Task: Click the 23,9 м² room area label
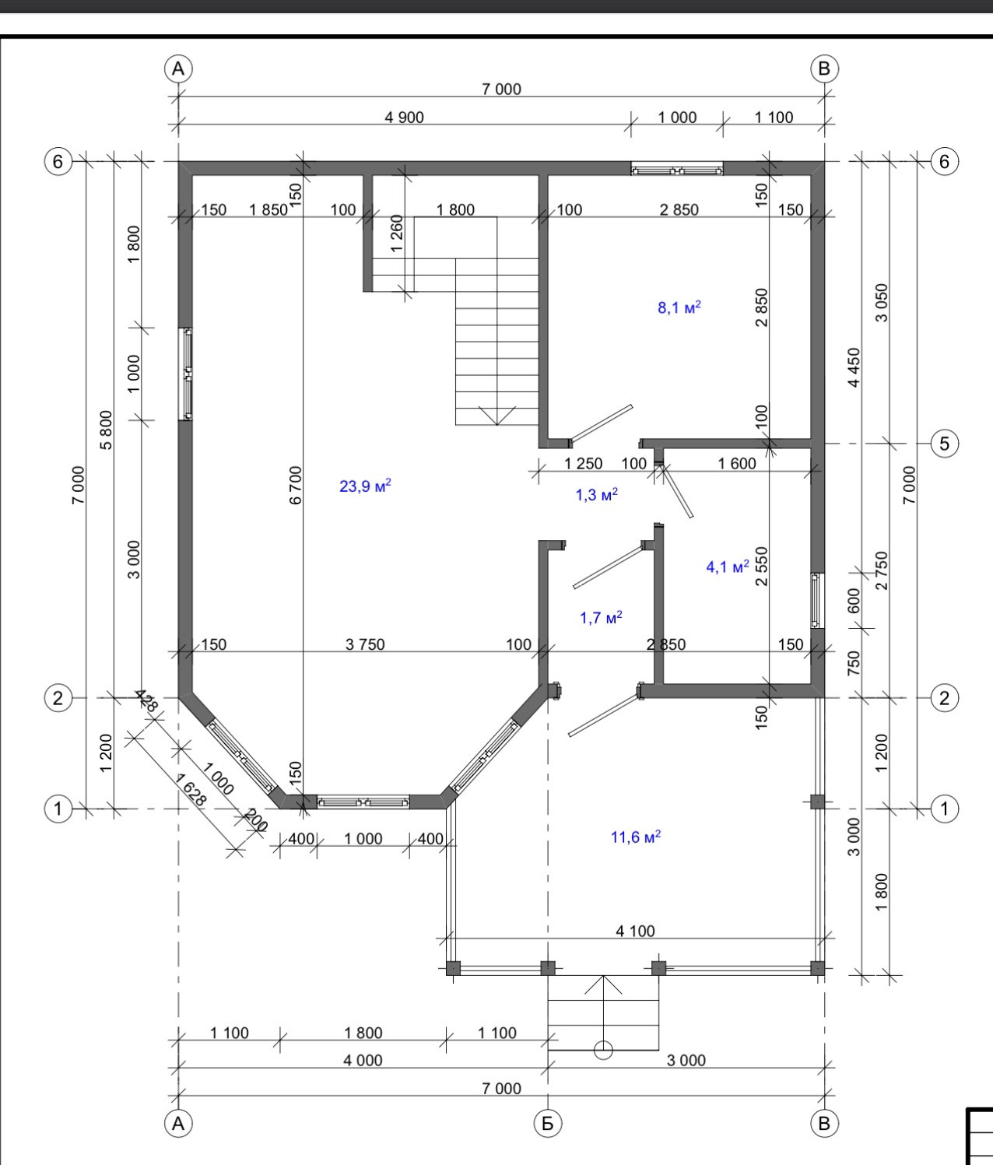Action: [x=365, y=486]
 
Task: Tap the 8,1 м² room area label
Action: [x=679, y=307]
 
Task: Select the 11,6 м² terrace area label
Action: [x=636, y=837]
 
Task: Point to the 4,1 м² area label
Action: [x=728, y=566]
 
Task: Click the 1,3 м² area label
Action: [x=596, y=494]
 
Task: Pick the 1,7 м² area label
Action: [x=601, y=617]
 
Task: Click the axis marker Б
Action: [x=547, y=1123]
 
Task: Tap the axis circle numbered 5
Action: [x=945, y=444]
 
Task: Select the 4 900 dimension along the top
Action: [x=404, y=118]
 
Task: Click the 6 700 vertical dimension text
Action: [x=295, y=486]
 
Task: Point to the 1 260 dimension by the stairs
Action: [x=397, y=233]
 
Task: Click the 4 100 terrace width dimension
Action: [x=635, y=931]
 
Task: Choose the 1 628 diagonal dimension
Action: [x=191, y=789]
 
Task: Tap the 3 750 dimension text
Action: [x=365, y=644]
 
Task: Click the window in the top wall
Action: [x=676, y=168]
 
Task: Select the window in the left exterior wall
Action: [x=185, y=374]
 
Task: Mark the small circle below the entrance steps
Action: [x=603, y=1050]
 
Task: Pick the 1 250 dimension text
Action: [x=584, y=463]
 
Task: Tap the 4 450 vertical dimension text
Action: [x=854, y=367]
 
